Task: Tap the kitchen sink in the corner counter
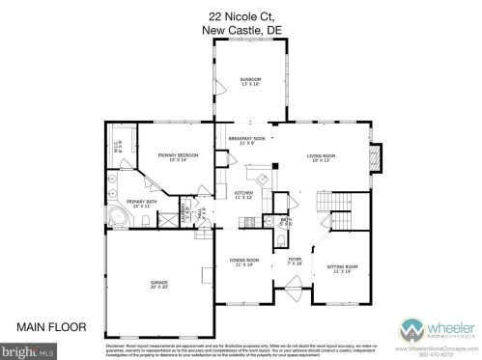coord(259,180)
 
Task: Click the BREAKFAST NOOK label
coord(247,140)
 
